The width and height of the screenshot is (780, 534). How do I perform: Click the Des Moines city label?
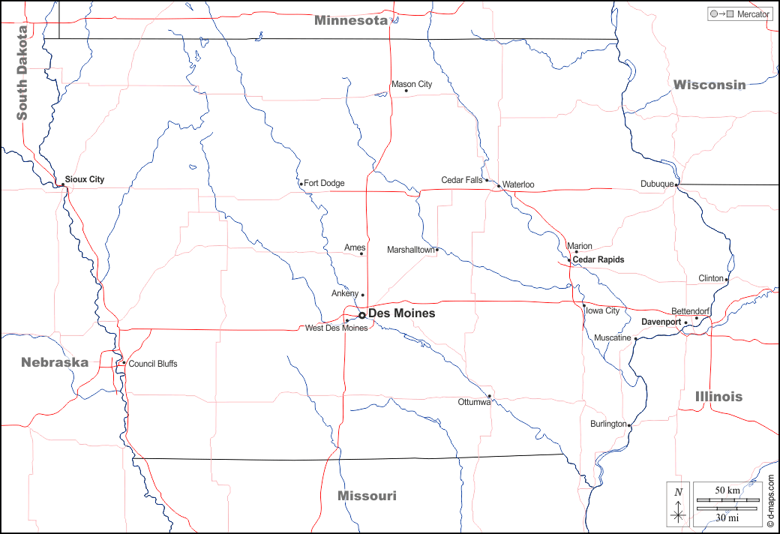pos(401,313)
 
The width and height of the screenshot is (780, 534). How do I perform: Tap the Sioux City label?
pos(85,179)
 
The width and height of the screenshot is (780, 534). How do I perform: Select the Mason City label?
pos(412,84)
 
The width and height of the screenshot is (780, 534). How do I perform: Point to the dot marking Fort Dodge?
pos(301,184)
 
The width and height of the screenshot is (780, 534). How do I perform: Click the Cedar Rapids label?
pos(598,259)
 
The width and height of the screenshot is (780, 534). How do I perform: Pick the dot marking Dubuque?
pos(676,184)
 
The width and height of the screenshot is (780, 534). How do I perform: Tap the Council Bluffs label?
pos(153,364)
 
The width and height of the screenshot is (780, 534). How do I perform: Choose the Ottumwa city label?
pos(474,402)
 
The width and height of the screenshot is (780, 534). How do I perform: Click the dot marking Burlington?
pos(629,426)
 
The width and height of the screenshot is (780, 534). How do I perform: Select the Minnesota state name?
pos(351,20)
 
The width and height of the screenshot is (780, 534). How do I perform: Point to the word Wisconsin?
pos(709,85)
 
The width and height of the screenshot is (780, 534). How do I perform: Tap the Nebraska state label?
pos(55,362)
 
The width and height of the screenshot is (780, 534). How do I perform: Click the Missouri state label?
pos(367,496)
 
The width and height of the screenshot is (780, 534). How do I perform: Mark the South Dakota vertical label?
pos(22,73)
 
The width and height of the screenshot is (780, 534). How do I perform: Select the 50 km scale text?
pos(727,490)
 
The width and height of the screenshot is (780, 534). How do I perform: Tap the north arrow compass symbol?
pos(678,504)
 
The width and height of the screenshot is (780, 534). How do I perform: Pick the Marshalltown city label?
pos(410,250)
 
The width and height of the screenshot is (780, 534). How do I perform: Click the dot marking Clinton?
pos(726,279)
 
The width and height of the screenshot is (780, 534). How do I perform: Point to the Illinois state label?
pos(718,396)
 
